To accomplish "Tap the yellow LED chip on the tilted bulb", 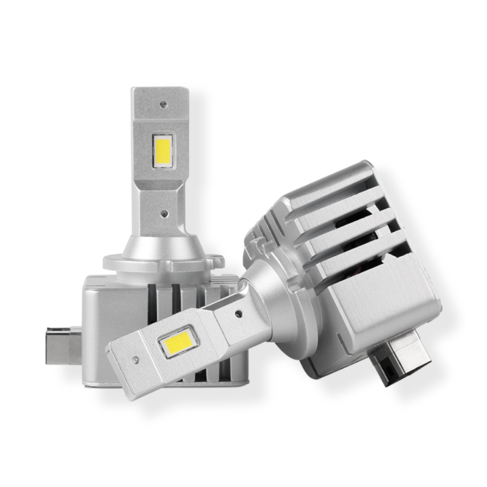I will click(x=179, y=342).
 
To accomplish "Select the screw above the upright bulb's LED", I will click(x=164, y=103).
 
